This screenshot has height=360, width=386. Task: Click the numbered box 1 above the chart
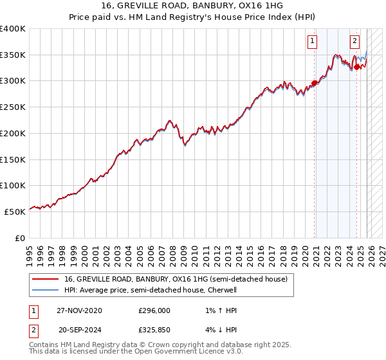[x=312, y=41]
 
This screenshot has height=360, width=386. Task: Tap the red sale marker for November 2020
[x=315, y=82]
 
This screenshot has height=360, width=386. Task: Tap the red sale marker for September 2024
[x=356, y=67]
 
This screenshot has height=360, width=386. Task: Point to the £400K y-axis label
[x=13, y=29]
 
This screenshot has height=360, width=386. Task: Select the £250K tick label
[x=13, y=107]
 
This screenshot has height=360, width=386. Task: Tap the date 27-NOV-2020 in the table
[x=78, y=310]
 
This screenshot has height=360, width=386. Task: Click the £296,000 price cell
[x=154, y=310]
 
